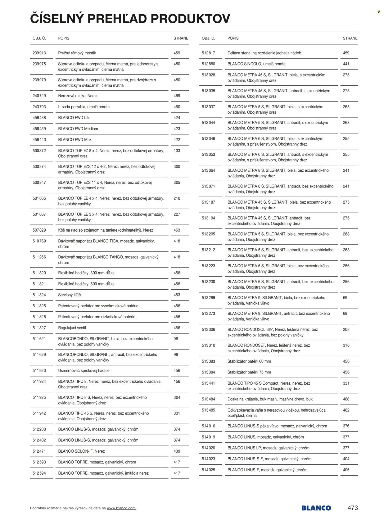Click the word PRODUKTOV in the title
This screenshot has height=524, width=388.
click(190, 19)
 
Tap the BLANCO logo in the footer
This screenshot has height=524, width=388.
click(316, 508)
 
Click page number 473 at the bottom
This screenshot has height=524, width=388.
click(353, 508)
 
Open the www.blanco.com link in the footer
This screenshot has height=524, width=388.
click(121, 508)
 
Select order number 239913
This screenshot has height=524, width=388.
click(39, 53)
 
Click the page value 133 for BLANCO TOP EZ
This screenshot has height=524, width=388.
click(177, 151)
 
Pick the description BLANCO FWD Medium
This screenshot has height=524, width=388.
click(78, 129)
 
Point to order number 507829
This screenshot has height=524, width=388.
click(39, 230)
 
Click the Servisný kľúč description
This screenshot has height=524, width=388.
click(69, 295)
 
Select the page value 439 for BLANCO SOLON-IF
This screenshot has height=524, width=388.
click(177, 451)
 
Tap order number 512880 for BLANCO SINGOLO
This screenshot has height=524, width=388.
click(208, 64)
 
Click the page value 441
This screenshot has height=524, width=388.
click(346, 64)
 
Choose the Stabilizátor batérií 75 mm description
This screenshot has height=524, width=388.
click(249, 372)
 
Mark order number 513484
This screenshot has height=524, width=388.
click(208, 399)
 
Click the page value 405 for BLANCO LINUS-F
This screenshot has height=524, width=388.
click(346, 470)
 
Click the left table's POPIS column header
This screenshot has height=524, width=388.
click(64, 38)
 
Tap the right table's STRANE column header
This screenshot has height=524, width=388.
click(350, 38)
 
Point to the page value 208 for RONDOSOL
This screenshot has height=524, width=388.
click(346, 329)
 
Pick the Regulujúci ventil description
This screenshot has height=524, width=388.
click(72, 328)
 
